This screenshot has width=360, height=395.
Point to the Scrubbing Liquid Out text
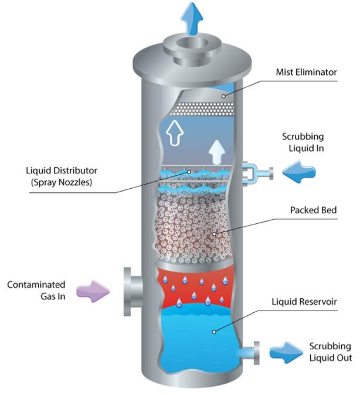tap(330, 352)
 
